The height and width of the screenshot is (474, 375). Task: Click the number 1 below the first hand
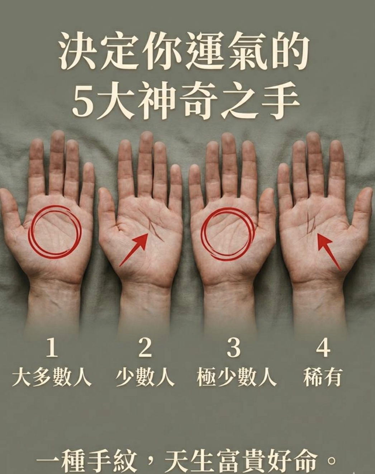pos(52,347)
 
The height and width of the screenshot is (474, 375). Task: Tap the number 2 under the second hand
pos(145,347)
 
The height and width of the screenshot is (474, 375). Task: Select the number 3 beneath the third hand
pos(233,348)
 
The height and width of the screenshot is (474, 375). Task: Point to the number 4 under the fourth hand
pos(323,348)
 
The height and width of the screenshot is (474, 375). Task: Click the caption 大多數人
pos(52,378)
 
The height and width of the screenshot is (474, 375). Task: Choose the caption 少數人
pos(145,378)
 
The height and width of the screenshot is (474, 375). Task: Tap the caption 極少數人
pos(237,378)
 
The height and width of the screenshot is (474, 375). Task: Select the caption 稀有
pos(323,378)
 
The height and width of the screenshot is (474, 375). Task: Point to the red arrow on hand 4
pos(329,252)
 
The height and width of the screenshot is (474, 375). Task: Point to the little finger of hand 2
pos(176,183)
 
